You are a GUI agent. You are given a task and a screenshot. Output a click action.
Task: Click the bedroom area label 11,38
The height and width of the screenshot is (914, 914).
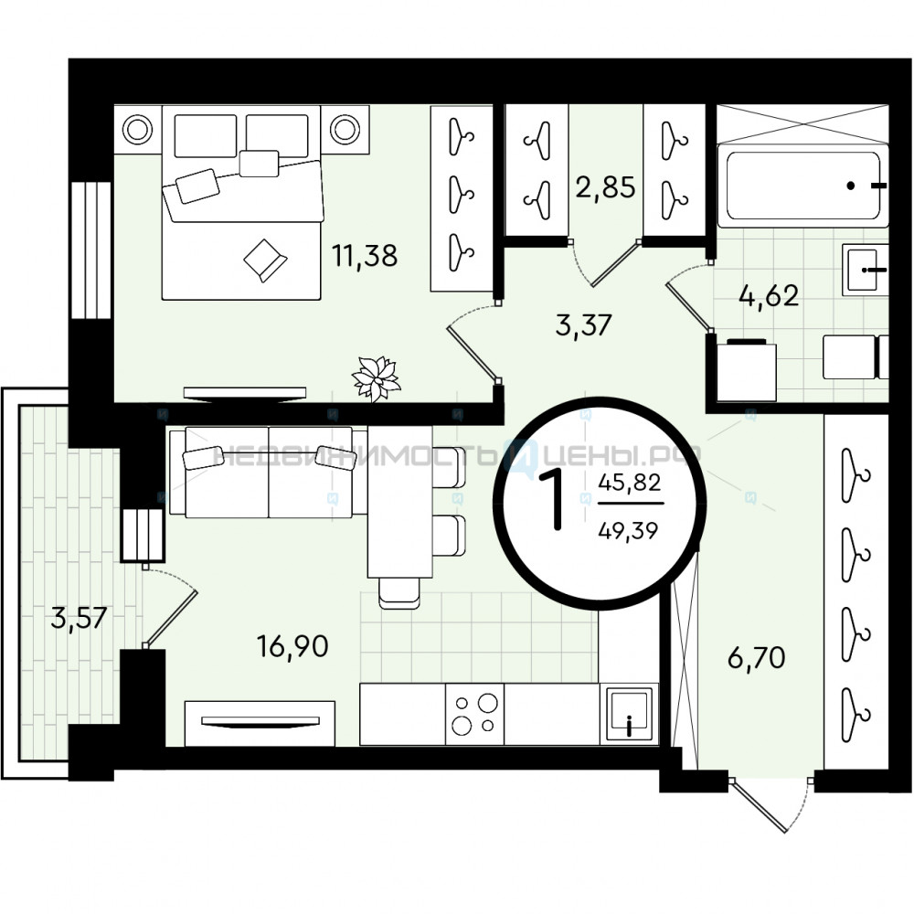(365, 256)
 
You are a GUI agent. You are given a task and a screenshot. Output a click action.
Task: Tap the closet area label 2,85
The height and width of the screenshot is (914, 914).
(605, 187)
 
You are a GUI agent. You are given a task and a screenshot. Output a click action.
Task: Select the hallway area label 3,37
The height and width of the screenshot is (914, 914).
(583, 324)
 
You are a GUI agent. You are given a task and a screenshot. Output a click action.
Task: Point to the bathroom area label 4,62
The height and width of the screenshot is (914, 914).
(769, 296)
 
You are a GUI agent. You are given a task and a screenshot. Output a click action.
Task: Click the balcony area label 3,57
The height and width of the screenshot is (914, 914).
(79, 617)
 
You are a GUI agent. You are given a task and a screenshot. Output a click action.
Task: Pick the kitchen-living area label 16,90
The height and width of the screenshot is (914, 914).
(292, 646)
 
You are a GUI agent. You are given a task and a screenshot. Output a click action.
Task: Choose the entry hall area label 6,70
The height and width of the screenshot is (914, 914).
(756, 658)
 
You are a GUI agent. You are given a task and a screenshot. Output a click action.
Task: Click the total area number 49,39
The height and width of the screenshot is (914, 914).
(629, 530)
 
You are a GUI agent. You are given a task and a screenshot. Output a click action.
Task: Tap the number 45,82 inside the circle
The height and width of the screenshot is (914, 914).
(630, 482)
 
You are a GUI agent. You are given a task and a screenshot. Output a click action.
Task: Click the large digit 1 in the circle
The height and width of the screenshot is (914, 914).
(551, 500)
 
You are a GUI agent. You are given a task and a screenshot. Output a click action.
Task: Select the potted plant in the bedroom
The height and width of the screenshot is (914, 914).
(377, 379)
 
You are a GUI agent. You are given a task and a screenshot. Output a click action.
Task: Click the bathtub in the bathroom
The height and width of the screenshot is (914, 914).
(802, 186)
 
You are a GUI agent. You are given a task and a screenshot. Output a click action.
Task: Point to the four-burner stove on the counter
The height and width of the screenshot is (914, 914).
(474, 714)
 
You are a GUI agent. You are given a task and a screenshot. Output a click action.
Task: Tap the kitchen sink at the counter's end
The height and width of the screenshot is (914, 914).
(629, 714)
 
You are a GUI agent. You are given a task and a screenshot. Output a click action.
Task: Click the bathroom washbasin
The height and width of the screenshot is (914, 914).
(865, 270)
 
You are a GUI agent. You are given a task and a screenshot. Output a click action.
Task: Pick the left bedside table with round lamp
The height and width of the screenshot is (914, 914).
(138, 130)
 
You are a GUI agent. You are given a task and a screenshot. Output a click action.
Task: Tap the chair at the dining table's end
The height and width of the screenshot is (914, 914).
(399, 593)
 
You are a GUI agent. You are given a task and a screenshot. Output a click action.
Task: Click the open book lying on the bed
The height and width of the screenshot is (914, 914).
(265, 260)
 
